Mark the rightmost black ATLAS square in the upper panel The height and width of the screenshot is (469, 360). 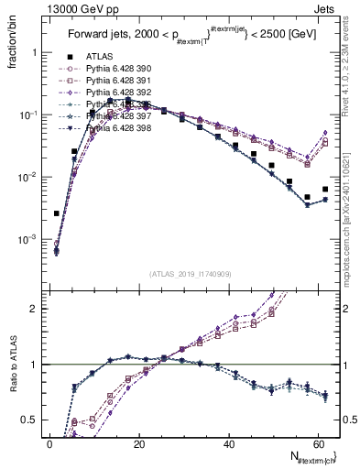coord(325,190)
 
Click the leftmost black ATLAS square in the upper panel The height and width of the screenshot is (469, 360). coord(57,213)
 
